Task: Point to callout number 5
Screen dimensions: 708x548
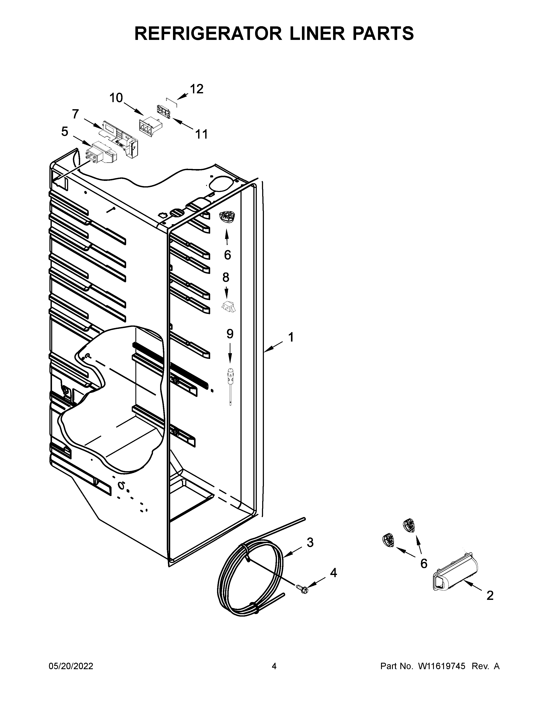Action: coord(65,132)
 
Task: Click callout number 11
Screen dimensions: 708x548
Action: coord(201,134)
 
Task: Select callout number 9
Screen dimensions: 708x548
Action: coord(230,334)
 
